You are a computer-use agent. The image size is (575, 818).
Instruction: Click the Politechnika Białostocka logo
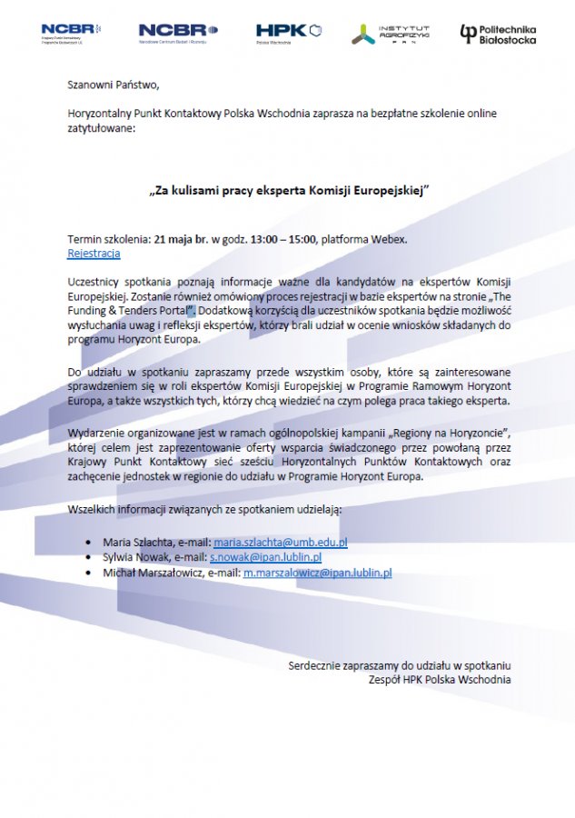pos(498,35)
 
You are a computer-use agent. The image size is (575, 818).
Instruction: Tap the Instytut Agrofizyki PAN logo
pos(391,35)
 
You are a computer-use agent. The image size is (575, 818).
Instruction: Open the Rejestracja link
pos(94,253)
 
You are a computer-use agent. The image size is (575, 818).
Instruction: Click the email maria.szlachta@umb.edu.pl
pos(281,542)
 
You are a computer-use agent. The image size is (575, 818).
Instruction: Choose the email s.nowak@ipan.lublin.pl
pos(266,557)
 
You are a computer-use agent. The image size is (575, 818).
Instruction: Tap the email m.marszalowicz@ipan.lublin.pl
pos(317,574)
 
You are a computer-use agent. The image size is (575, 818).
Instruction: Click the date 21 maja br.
pos(182,239)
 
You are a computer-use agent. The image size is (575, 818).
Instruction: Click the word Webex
pos(389,239)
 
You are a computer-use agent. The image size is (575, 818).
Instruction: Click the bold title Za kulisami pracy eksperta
pos(287,192)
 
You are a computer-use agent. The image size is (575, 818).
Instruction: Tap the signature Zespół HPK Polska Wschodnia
pos(440,679)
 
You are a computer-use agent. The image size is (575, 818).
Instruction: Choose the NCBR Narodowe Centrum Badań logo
pos(178,34)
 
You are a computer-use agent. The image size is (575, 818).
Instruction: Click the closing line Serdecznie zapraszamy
pos(400,665)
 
